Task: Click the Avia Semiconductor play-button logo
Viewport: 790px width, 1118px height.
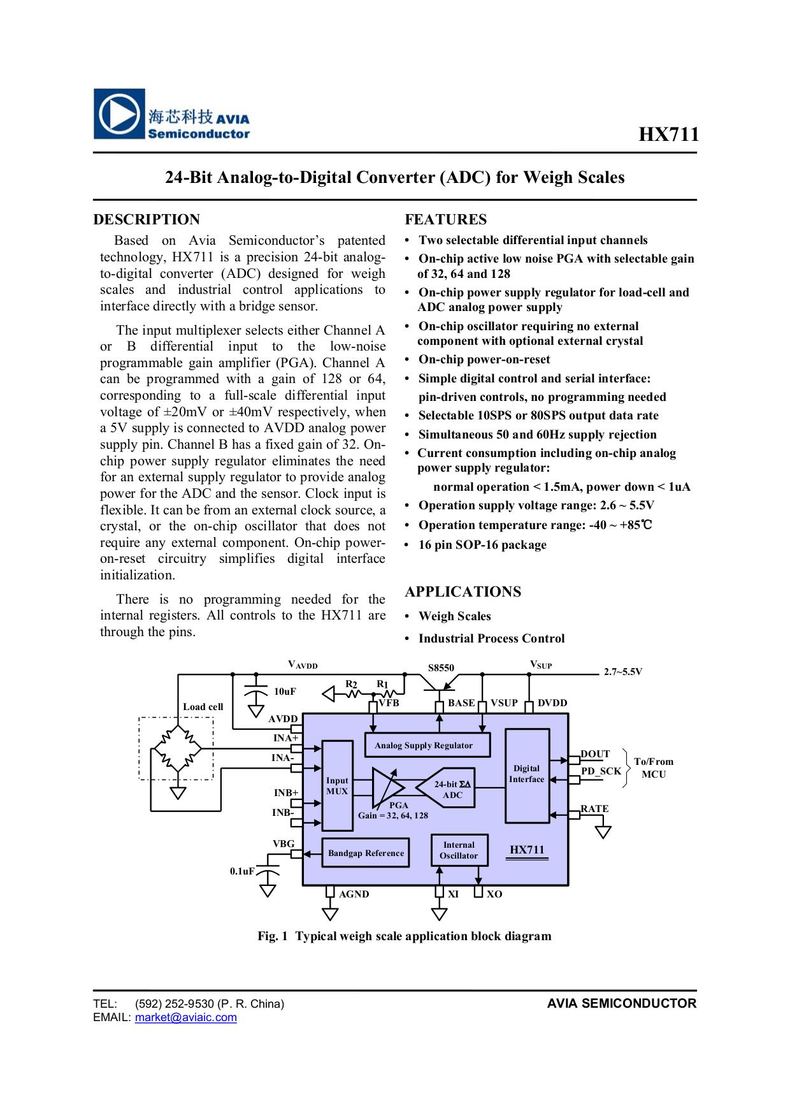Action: pos(119,114)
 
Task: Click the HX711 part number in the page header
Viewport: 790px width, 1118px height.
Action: pos(668,134)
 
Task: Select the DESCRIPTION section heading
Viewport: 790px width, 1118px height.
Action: pos(147,220)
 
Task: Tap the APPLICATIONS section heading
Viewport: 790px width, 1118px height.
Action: pos(463,592)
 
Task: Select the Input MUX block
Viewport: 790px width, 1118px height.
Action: pos(337,785)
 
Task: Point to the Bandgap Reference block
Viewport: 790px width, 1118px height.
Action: pos(366,853)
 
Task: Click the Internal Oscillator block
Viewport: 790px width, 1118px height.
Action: pos(459,850)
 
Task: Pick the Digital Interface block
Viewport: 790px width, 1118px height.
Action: pos(526,774)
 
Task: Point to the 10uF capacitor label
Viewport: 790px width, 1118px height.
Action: pos(285,692)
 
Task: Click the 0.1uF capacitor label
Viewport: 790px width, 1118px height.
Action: pos(242,871)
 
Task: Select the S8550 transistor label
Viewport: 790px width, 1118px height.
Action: pos(441,668)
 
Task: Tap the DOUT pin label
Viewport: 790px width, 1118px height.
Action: pos(595,754)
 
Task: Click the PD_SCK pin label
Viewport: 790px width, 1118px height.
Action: pos(601,771)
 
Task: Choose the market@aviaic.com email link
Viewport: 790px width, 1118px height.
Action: pos(185,1017)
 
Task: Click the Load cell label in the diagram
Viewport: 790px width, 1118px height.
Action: pos(203,706)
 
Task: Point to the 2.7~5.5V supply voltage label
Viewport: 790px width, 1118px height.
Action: pos(622,672)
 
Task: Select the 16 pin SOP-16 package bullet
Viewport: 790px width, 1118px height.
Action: pos(482,545)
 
